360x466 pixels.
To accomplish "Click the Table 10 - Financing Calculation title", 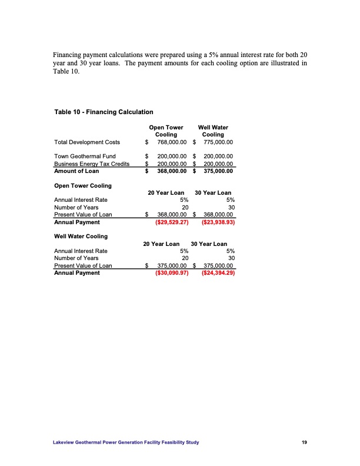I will [104, 112].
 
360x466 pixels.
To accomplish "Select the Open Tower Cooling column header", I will [166, 131].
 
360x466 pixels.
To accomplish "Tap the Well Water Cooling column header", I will [213, 131].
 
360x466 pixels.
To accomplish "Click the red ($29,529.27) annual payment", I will [171, 223].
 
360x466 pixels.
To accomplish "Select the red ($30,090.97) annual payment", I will [171, 273].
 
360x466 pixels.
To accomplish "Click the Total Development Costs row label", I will [87, 142].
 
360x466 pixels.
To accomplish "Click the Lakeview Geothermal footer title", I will [126, 442].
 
